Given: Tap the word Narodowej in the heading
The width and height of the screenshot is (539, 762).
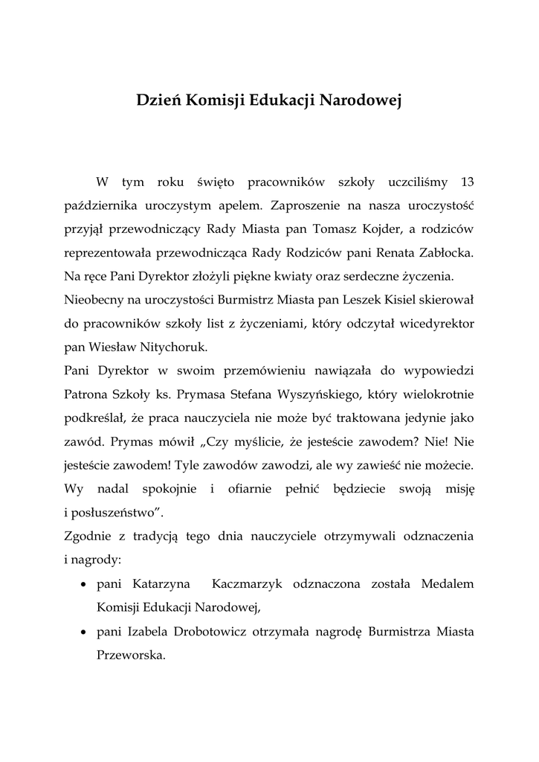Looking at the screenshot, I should click(360, 101).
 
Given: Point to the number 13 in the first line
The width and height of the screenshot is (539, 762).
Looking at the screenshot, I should click(467, 182).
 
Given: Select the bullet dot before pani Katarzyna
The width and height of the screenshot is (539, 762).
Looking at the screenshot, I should click(85, 584).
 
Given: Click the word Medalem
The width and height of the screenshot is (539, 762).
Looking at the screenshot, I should click(448, 583).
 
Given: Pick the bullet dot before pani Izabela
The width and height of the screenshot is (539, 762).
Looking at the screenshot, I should click(85, 633).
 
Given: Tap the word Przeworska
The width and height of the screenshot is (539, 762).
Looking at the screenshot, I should click(130, 656).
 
